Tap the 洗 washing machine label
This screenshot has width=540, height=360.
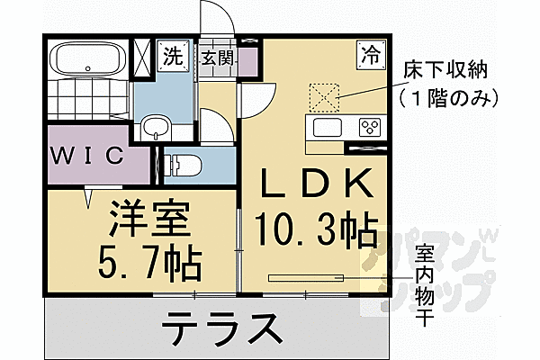coord(172,57)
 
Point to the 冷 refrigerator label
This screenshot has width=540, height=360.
coord(369,52)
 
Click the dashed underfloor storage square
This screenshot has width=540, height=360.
coord(323,94)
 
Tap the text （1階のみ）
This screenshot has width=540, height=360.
coord(445,94)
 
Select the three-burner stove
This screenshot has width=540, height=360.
coord(369,126)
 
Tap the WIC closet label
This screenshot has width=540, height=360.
coord(86,156)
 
